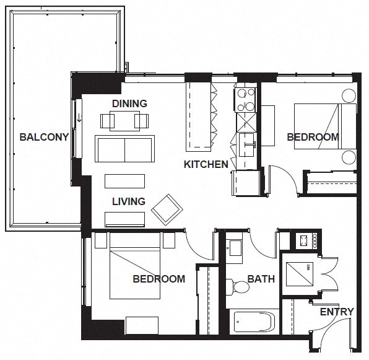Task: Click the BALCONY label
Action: click(x=43, y=138)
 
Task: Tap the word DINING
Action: click(x=129, y=103)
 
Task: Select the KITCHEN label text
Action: click(x=206, y=165)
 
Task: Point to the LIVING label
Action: click(x=128, y=201)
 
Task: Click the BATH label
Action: click(x=261, y=279)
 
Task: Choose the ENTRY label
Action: click(x=337, y=312)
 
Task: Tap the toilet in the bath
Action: click(x=239, y=287)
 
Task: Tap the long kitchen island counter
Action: click(x=198, y=118)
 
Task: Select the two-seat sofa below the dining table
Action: click(x=125, y=149)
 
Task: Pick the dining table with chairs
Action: click(x=125, y=120)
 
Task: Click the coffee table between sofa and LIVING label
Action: click(x=124, y=180)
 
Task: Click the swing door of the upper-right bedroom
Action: click(x=279, y=180)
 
